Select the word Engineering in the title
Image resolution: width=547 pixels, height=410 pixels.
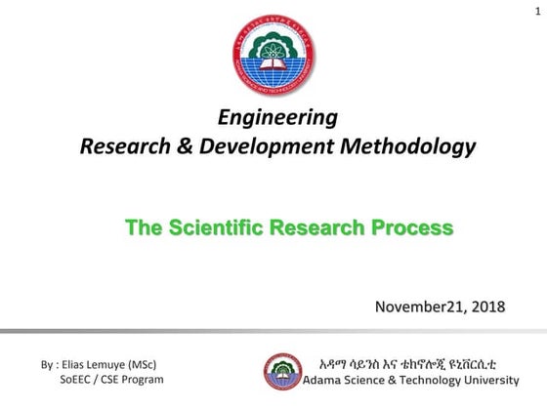click(278, 119)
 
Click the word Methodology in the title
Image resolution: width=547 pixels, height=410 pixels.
click(401, 147)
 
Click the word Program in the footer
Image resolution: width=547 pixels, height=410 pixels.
click(142, 379)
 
